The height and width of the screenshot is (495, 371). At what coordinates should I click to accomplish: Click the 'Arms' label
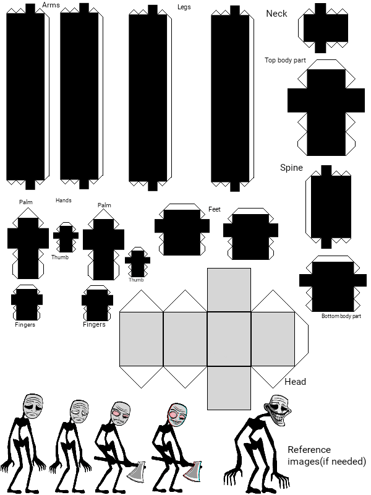tap(51, 5)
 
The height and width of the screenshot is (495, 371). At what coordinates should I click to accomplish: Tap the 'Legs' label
tap(184, 7)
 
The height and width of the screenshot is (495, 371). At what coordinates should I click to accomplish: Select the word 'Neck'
tap(276, 14)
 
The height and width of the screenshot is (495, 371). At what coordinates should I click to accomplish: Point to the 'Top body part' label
tap(285, 60)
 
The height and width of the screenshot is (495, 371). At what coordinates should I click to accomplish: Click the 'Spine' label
tap(291, 167)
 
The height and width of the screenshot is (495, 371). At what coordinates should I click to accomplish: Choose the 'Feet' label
tap(215, 209)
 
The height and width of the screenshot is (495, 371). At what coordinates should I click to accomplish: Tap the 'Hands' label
tap(64, 200)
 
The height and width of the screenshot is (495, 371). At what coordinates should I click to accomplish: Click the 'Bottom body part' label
tap(341, 316)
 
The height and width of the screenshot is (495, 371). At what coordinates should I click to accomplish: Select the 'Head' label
tap(296, 382)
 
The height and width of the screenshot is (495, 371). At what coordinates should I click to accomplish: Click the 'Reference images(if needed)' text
tap(326, 455)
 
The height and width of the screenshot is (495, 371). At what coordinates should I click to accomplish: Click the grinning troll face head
tap(277, 410)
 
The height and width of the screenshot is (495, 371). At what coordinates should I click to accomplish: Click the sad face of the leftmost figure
tap(33, 406)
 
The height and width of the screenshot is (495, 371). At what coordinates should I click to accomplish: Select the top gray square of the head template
tap(229, 290)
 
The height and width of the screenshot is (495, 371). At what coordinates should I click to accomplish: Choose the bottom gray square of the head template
tap(229, 388)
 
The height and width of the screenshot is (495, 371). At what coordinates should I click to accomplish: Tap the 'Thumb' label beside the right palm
tap(136, 280)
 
